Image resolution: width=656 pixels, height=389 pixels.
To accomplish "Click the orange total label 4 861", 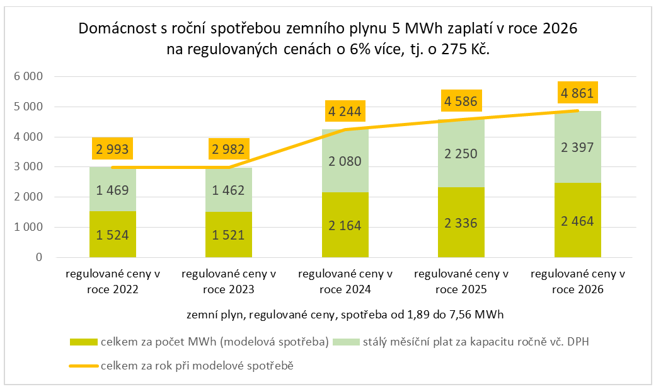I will point(578,94).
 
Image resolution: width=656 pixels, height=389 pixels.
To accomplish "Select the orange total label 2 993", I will point(113,149).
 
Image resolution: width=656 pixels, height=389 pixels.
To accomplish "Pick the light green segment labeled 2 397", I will point(578,147).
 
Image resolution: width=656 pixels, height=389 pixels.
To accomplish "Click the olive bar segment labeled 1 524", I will point(113,234).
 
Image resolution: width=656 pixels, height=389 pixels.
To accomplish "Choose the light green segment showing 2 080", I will point(345,161).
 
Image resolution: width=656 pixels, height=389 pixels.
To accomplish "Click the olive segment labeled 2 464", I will point(578,220).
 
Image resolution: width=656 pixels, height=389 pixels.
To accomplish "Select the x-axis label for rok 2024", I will point(345,282).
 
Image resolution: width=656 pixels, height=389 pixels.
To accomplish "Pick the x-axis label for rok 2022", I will point(113,282).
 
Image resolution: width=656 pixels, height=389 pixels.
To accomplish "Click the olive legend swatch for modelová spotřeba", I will point(83,342).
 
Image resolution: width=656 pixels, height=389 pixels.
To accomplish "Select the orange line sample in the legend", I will point(83,365).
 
